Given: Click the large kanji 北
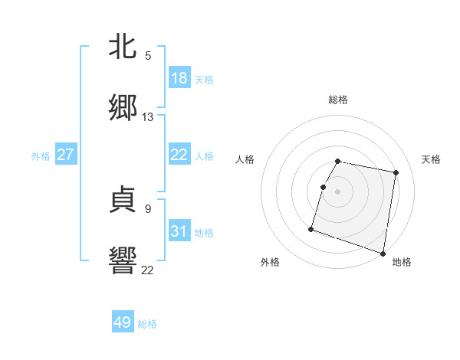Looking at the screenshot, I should (123, 46).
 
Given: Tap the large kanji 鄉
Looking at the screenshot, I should (123, 108).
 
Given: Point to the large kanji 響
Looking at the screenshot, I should (123, 260).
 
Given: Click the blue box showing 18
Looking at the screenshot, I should (179, 78).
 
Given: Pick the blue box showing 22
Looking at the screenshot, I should (179, 155).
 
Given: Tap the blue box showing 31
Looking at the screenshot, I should (179, 231).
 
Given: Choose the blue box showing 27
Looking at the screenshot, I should (66, 155).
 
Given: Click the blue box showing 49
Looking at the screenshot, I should (123, 322).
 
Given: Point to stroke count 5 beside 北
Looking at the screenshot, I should (148, 55).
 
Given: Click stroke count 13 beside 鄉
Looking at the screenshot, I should (148, 117).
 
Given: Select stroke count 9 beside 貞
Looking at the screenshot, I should (148, 208).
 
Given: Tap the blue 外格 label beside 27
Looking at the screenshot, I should (41, 156).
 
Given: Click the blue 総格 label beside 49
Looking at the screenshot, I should (147, 324).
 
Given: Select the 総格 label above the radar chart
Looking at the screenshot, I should (338, 100).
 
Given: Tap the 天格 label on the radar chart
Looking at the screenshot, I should (432, 159).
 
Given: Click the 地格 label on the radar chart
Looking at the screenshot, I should (402, 262).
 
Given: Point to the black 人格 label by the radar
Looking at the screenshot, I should (245, 159).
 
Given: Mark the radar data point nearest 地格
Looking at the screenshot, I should (382, 253).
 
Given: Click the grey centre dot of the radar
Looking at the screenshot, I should (338, 191).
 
